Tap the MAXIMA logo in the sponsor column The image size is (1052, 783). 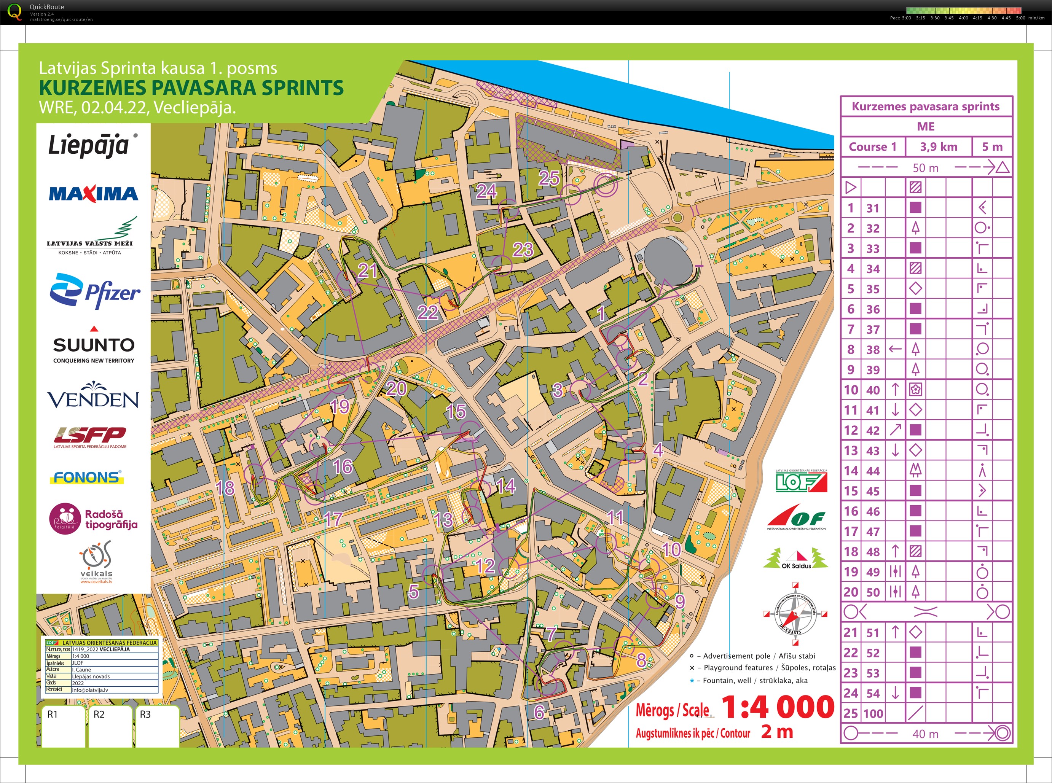[93, 193]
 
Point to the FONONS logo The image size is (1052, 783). [87, 477]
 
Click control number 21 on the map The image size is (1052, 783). [367, 271]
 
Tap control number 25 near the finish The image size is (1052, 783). [549, 178]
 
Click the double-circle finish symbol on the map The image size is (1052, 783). [606, 185]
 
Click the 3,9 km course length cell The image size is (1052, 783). [938, 147]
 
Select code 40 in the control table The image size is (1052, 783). [873, 390]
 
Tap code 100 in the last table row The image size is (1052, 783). [873, 713]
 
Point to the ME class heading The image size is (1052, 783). [925, 127]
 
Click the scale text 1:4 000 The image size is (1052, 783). [778, 708]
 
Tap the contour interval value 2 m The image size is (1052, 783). [777, 732]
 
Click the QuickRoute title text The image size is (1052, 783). [46, 6]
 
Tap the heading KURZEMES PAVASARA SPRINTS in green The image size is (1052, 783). [191, 88]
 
